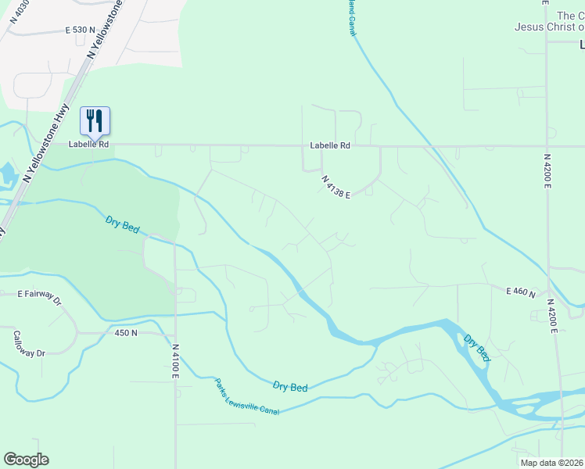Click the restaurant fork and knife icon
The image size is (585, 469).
point(95,120)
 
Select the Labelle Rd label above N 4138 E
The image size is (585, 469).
point(329,145)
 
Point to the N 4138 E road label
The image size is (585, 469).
point(335,187)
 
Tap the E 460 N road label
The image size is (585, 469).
point(520,292)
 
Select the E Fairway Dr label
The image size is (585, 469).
point(39,295)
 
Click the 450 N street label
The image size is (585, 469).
point(126,332)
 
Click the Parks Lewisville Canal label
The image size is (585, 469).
point(247,396)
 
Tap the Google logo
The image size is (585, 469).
point(26,460)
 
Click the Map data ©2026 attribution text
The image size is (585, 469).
point(552,463)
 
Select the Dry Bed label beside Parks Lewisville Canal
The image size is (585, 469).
point(290,386)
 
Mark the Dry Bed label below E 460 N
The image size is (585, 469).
point(477,348)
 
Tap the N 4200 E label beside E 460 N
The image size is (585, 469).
point(551,316)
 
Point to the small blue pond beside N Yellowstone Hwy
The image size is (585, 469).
point(6,174)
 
